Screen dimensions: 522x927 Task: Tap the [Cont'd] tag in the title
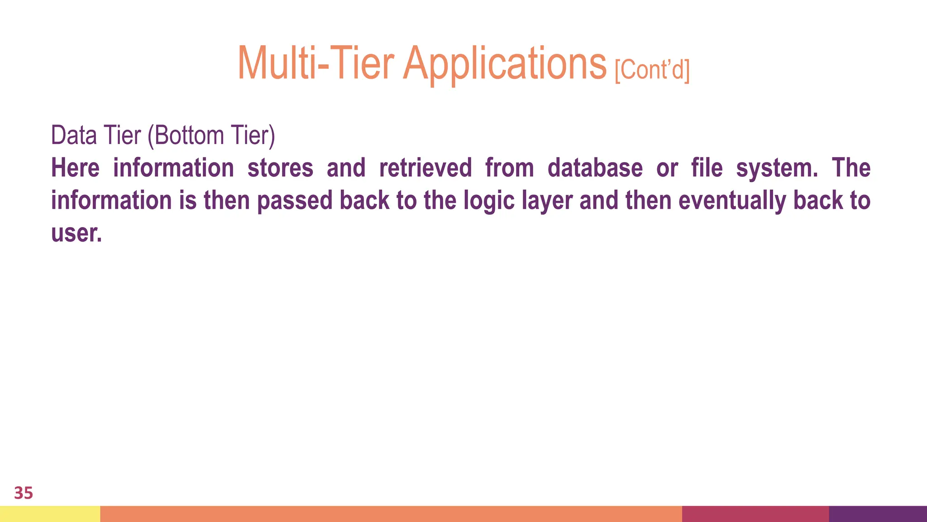click(x=652, y=70)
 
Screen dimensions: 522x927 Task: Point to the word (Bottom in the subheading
click(x=186, y=135)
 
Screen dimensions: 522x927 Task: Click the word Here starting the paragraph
click(x=75, y=168)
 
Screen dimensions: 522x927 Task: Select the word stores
click(x=280, y=168)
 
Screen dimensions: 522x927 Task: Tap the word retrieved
click(x=425, y=168)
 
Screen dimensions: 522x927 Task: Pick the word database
click(x=595, y=168)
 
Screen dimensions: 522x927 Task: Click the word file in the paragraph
click(x=707, y=168)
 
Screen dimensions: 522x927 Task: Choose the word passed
click(x=295, y=201)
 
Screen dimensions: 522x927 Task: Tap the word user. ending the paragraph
click(x=76, y=233)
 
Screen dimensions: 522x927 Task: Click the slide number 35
click(x=24, y=493)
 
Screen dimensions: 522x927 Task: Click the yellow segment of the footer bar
click(x=50, y=514)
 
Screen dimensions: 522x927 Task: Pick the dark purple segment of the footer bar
click(x=878, y=514)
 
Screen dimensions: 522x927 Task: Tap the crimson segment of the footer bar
click(x=755, y=514)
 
